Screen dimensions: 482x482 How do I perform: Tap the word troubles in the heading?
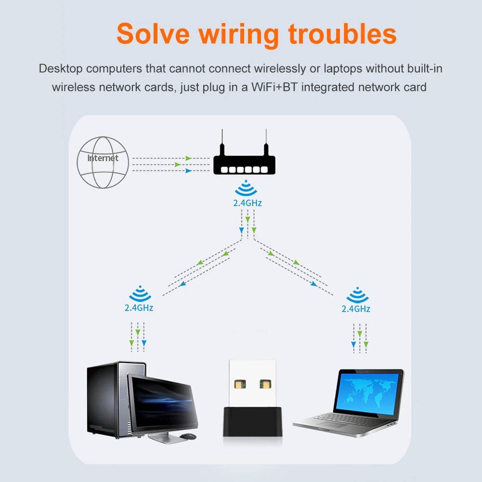[x=342, y=34]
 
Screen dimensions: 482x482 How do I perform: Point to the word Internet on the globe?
[x=103, y=158]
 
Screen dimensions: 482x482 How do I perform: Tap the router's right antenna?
[x=266, y=142]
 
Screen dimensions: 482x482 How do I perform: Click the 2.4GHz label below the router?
[x=247, y=203]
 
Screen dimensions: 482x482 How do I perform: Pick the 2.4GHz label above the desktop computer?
[x=139, y=308]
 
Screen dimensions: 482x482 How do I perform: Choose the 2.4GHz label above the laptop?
[x=356, y=309]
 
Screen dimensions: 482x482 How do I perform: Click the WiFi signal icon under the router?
[x=247, y=188]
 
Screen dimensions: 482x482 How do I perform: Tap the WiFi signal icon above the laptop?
[x=357, y=294]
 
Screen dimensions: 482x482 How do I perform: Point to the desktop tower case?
[x=104, y=400]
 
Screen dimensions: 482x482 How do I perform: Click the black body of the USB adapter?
[x=250, y=421]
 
